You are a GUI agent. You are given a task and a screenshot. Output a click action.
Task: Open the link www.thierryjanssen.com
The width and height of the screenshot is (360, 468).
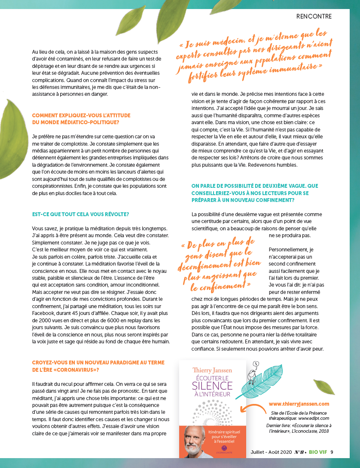pyautogui.click(x=299, y=404)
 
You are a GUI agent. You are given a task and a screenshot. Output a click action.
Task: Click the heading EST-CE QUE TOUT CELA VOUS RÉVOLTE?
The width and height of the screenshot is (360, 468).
pyautogui.click(x=81, y=214)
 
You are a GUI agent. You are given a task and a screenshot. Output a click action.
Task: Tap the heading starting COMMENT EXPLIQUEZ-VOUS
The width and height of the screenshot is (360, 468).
pyautogui.click(x=81, y=119)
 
